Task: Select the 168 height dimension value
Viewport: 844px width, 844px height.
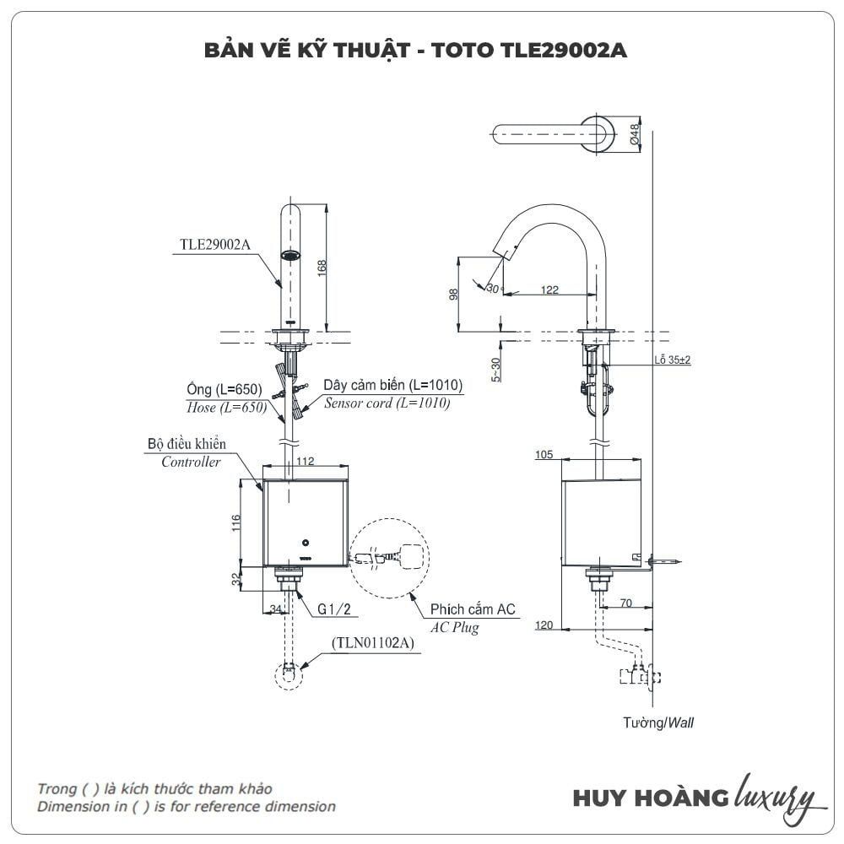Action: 322,267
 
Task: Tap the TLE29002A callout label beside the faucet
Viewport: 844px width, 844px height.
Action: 215,246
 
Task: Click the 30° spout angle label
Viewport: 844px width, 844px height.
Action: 493,288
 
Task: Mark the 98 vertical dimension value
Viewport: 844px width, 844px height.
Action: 454,295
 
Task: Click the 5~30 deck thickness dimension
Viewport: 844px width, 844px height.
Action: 496,369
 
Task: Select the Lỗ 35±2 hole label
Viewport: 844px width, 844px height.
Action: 672,360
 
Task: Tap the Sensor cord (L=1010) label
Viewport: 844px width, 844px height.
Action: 387,403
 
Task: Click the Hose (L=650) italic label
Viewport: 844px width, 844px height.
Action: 225,407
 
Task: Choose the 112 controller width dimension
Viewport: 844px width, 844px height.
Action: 305,461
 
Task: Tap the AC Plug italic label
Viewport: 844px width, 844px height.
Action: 454,628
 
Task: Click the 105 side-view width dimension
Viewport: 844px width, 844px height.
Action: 544,456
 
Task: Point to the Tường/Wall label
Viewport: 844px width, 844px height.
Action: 659,722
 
